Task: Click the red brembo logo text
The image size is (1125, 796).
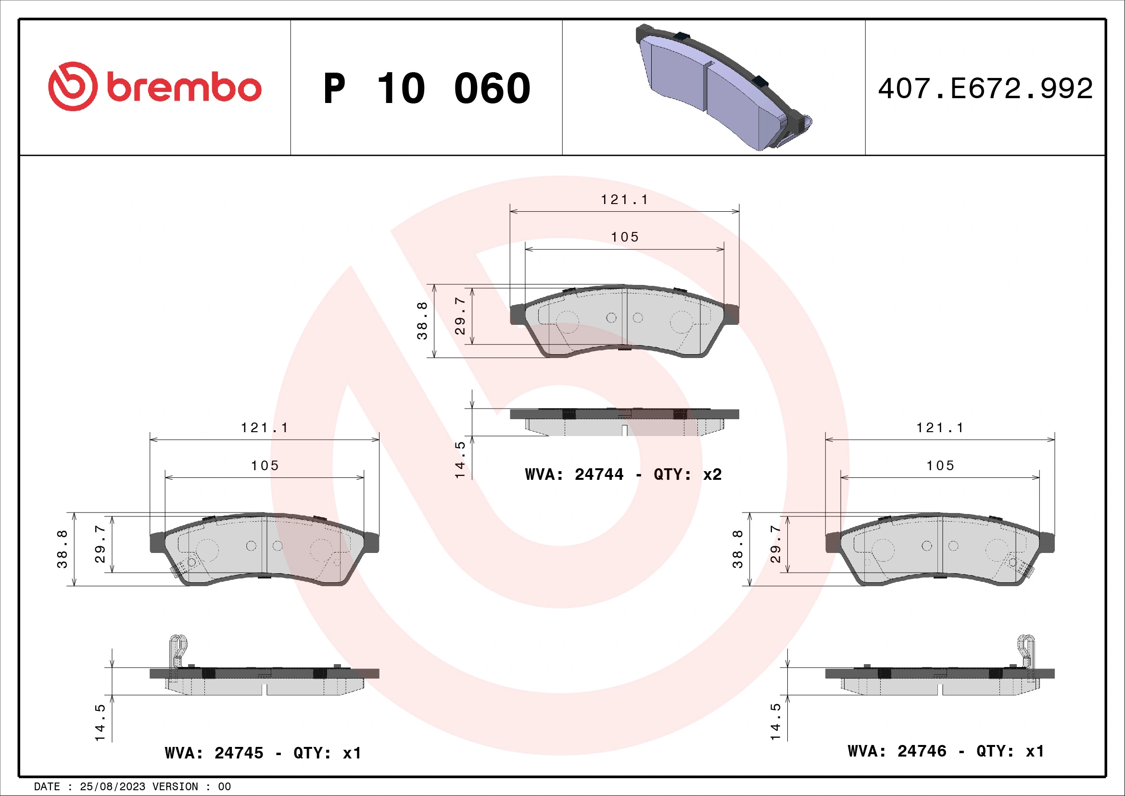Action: [x=183, y=88]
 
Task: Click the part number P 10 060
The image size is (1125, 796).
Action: [x=426, y=89]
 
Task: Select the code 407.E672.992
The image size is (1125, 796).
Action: [x=985, y=89]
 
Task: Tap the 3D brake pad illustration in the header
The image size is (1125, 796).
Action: [x=723, y=87]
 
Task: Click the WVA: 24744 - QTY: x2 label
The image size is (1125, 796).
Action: [x=623, y=475]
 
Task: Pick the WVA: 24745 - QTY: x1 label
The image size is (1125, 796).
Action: [x=263, y=753]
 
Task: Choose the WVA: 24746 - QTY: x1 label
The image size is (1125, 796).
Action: [x=946, y=751]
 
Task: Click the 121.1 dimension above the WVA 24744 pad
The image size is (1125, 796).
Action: [x=624, y=200]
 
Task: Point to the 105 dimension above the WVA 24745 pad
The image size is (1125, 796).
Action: [x=265, y=465]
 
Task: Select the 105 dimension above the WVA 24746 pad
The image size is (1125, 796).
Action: [x=940, y=465]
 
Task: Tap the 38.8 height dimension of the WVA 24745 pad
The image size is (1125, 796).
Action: [x=62, y=549]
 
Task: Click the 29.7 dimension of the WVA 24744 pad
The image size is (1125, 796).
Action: [x=460, y=316]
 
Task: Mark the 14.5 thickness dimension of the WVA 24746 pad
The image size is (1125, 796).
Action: [x=775, y=721]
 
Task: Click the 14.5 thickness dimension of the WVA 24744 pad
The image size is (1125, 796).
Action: [x=460, y=460]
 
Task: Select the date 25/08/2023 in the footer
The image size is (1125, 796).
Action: [x=112, y=787]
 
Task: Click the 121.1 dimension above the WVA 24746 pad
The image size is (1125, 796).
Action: [x=939, y=427]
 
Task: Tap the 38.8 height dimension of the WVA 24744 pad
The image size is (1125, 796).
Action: [x=422, y=321]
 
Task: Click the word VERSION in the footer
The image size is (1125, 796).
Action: [x=175, y=787]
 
